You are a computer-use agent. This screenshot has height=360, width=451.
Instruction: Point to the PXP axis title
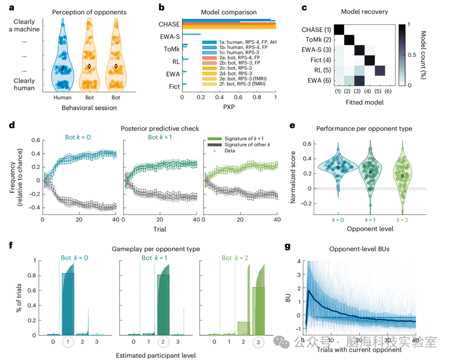tap(229, 106)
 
